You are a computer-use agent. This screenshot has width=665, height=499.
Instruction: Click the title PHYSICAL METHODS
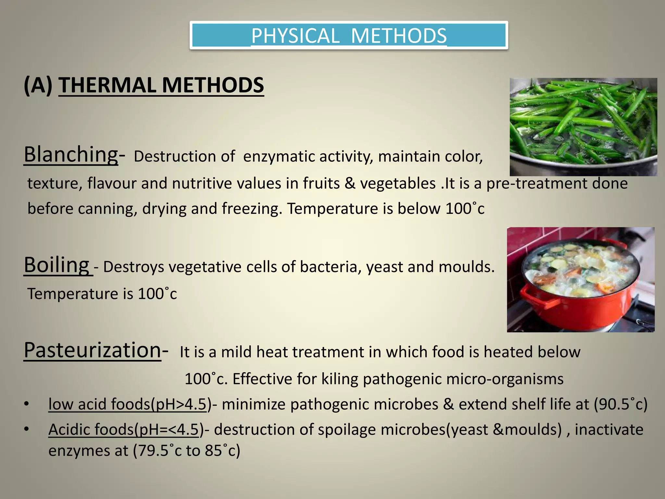(349, 36)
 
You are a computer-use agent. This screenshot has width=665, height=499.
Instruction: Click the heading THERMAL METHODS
(161, 85)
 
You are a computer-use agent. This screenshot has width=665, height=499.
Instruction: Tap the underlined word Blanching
(71, 154)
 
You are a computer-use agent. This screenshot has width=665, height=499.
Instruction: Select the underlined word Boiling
(56, 265)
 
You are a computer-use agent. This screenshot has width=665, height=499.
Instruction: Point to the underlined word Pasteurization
(93, 350)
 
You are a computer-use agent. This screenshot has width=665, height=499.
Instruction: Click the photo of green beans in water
(583, 127)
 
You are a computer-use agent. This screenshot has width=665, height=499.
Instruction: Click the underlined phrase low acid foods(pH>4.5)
(128, 404)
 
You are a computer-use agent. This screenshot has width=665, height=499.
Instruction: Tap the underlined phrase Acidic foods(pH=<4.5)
(123, 429)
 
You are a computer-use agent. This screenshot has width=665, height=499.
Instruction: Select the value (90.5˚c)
(621, 404)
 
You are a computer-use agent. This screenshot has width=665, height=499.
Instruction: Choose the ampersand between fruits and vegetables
(350, 184)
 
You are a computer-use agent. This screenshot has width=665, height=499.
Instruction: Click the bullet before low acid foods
(26, 404)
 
